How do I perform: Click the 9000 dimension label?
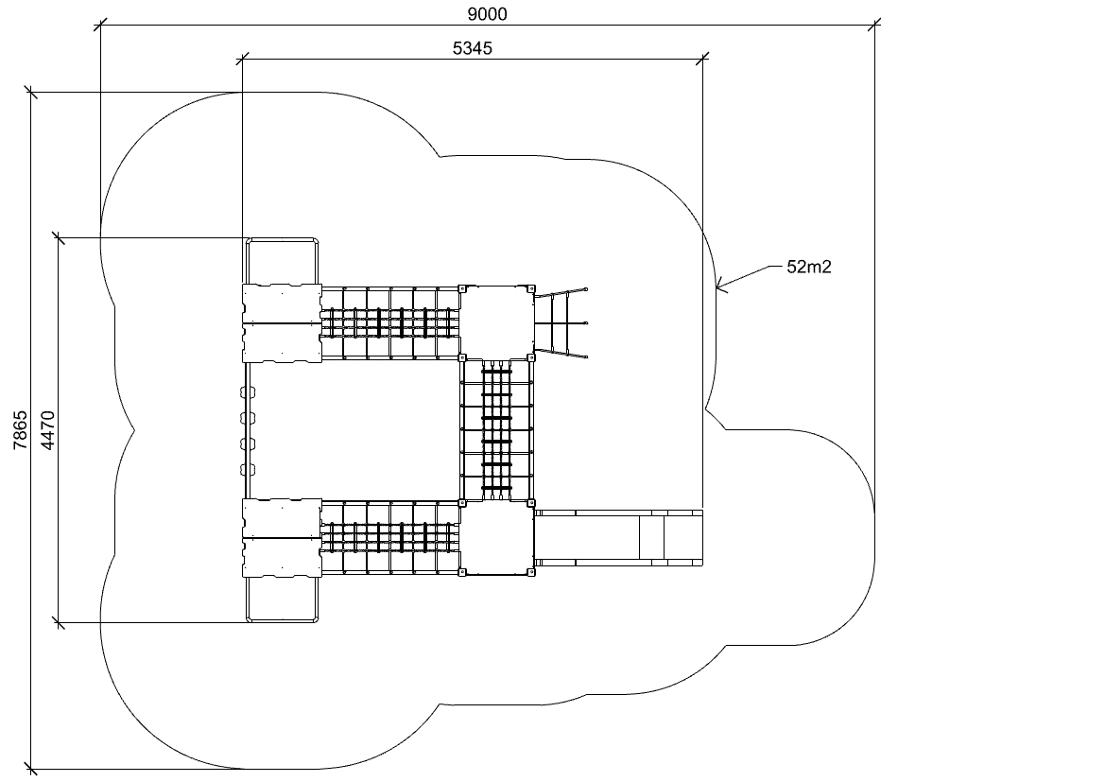[x=487, y=14]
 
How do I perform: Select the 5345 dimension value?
[x=473, y=48]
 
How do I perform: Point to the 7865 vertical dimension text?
[x=20, y=430]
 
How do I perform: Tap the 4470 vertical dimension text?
[x=47, y=430]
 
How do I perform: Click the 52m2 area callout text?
[x=809, y=267]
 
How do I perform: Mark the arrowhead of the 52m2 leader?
[x=717, y=287]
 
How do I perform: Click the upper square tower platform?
[x=497, y=322]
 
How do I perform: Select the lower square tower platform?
[x=497, y=539]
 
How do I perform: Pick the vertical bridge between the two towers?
[x=497, y=431]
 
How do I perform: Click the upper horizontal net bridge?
[x=390, y=323]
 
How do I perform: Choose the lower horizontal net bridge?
[x=390, y=538]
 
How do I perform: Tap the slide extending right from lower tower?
[x=619, y=537]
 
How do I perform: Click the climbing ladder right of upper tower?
[x=561, y=323]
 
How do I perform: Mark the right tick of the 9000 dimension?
[x=874, y=26]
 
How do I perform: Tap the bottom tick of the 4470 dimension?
[x=59, y=622]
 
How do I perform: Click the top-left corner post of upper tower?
[x=462, y=288]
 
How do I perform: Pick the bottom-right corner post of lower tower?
[x=531, y=573]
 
